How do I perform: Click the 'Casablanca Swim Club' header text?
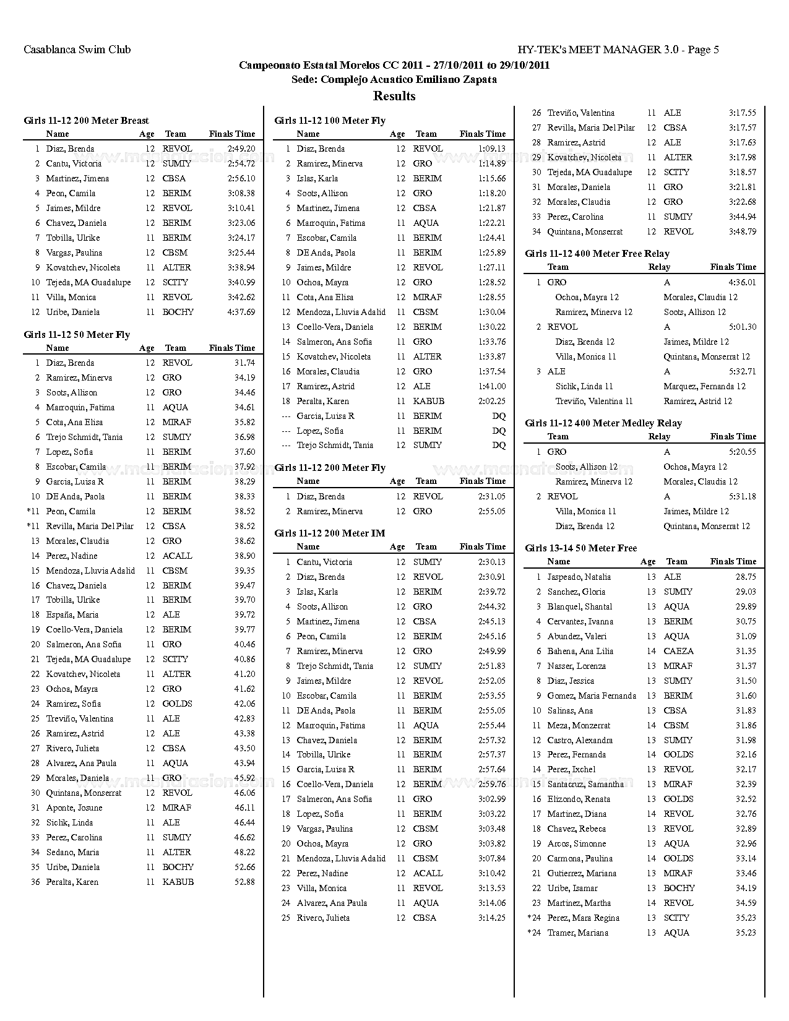tap(77, 50)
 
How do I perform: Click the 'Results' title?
tap(394, 96)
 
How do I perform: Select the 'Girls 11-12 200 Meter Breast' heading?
tap(86, 121)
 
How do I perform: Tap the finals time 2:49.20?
tap(241, 149)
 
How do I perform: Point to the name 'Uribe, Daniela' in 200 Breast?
tap(72, 312)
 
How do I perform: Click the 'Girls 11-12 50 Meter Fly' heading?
tap(77, 335)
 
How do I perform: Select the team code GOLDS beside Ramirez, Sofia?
tap(177, 704)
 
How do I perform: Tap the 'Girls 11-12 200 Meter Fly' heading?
tap(330, 468)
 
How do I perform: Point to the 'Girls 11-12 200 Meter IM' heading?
tap(330, 533)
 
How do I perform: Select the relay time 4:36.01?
tap(742, 283)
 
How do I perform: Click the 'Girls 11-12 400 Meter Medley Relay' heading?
tap(603, 423)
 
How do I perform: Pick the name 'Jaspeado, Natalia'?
tap(579, 577)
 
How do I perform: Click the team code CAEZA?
tap(678, 652)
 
